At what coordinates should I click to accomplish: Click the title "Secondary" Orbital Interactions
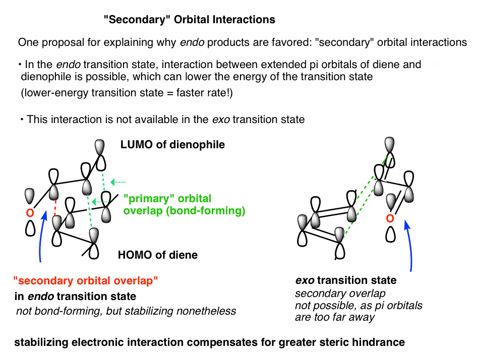[x=189, y=20]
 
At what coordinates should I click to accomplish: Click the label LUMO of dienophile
[x=172, y=145]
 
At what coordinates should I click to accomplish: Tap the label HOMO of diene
[x=158, y=255]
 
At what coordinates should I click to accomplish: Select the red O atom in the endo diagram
[x=30, y=213]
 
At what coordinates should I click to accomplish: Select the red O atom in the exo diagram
[x=390, y=218]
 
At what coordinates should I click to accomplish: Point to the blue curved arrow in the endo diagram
[x=42, y=236]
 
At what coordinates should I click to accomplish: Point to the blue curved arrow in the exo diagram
[x=409, y=245]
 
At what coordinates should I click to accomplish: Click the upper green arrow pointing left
[x=118, y=182]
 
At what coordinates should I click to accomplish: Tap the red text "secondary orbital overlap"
[x=86, y=280]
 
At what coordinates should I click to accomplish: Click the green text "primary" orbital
[x=167, y=199]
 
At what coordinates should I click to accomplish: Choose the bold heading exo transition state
[x=346, y=280]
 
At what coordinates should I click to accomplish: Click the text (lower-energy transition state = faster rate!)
[x=127, y=92]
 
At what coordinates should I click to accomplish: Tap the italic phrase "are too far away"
[x=335, y=317]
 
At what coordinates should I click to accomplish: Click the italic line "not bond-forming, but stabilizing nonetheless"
[x=126, y=311]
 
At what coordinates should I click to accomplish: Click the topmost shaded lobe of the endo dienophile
[x=100, y=147]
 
